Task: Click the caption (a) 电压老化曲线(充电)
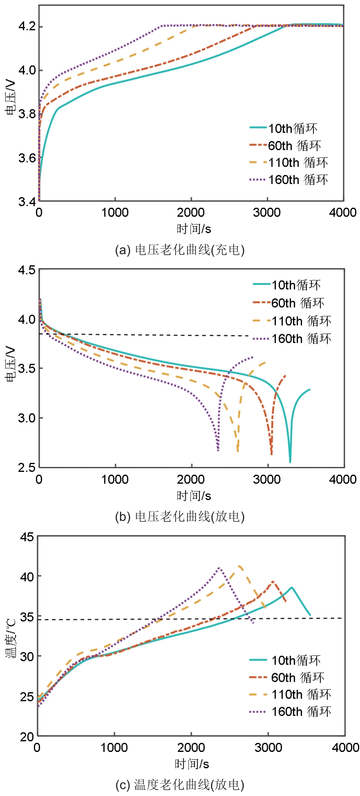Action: [180, 249]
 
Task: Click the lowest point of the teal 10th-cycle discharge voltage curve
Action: [290, 462]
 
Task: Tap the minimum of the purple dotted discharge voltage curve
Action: [218, 450]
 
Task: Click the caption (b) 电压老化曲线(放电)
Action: [180, 516]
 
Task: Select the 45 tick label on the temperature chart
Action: [27, 537]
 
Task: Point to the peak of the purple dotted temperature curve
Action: [219, 567]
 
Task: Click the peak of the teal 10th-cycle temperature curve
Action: [292, 587]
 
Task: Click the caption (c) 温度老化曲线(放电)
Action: [180, 784]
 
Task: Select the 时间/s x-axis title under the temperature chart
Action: [192, 764]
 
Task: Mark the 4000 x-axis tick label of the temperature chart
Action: [345, 747]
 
